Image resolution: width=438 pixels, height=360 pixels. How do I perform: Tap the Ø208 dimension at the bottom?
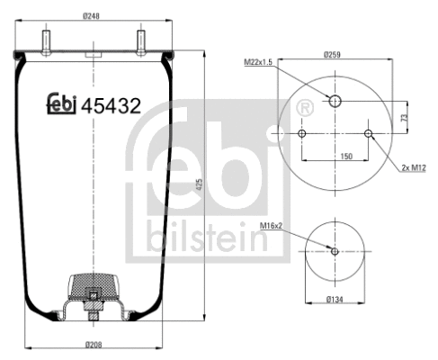click(95, 343)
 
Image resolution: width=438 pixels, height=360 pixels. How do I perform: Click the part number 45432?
click(111, 105)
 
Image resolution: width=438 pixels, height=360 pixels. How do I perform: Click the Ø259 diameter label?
click(335, 54)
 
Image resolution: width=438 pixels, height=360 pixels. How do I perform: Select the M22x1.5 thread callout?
click(261, 61)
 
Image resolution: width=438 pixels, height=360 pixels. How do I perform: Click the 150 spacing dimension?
click(335, 157)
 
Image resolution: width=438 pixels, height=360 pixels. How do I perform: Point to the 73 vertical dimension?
click(406, 117)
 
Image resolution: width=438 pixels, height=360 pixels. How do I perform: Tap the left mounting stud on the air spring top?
click(46, 41)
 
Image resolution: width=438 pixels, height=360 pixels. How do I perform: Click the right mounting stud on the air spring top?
click(141, 41)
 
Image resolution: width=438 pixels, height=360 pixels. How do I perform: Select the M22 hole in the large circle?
click(335, 101)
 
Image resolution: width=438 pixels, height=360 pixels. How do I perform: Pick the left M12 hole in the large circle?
click(301, 134)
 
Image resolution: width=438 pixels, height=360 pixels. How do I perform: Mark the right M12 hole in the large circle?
click(368, 134)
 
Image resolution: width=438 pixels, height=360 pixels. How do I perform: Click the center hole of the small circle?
click(335, 250)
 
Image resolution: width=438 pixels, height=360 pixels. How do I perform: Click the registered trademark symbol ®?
click(305, 110)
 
